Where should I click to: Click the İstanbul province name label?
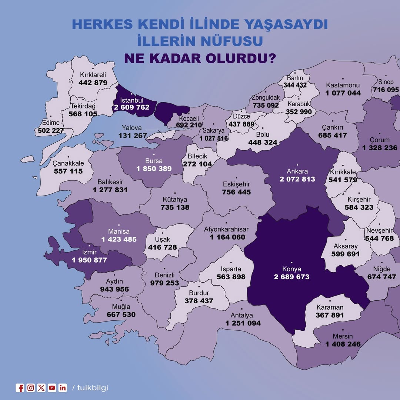pos(132,100)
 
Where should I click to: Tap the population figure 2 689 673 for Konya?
pos(291,277)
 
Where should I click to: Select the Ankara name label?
pos(297,171)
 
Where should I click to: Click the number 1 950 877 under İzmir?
pos(89,260)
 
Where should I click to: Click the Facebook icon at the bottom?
pos(20,388)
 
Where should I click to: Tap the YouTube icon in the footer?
pos(52,388)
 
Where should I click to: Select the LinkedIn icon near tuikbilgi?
pos(63,388)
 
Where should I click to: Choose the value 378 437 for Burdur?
pos(199,301)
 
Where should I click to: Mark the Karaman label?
pos(330,307)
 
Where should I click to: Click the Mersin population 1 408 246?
pos(343,344)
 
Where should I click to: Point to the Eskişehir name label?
pos(236,184)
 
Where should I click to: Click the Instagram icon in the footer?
pos(31,388)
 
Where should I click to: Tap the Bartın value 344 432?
pos(295,85)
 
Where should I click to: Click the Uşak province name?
pos(163,240)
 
